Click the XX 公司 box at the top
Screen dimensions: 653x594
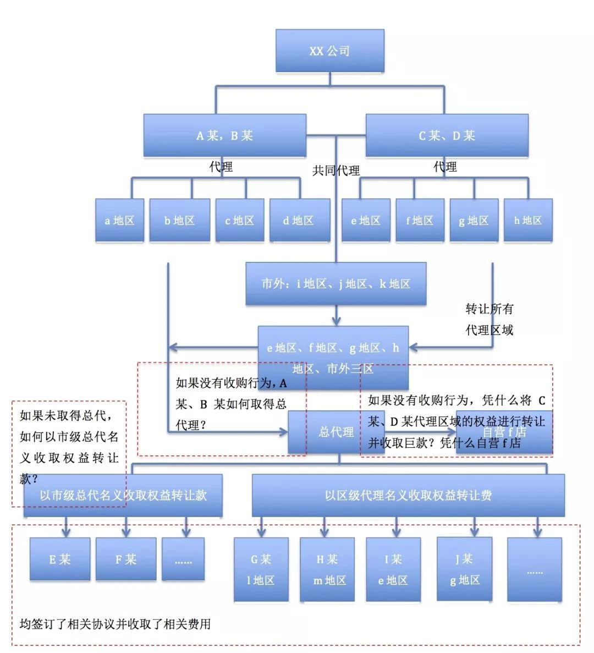[329, 51]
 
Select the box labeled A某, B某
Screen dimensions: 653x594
[224, 135]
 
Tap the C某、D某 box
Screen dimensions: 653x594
[447, 135]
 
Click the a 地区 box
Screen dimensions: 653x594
[119, 221]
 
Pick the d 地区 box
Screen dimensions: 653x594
[299, 221]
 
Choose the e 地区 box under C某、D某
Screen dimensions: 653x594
[366, 221]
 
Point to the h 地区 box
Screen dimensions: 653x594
[528, 221]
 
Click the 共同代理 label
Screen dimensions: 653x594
[336, 171]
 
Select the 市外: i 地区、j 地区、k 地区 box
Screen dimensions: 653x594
[335, 284]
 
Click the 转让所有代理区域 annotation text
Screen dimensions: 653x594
[489, 320]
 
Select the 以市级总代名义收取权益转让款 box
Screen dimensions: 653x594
[123, 495]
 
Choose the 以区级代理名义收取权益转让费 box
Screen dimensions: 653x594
[408, 495]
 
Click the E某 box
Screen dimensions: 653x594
[60, 559]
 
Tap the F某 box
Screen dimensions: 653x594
[126, 559]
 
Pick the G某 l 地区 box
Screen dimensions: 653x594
[261, 569]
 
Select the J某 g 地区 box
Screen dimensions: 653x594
[464, 569]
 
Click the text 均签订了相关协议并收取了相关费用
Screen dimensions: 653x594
[115, 624]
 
